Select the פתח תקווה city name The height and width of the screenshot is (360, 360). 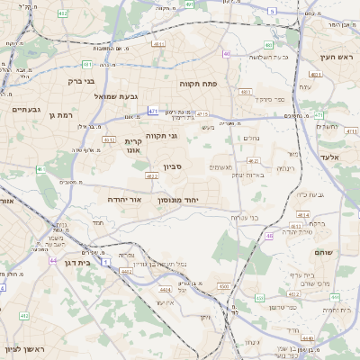217,84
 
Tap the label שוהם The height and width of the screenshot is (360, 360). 323,252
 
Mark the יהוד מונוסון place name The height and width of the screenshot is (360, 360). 195,199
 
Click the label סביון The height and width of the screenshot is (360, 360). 173,166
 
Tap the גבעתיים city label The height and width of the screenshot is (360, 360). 24,110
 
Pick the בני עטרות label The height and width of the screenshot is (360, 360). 240,217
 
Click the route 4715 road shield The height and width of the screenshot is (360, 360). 202,114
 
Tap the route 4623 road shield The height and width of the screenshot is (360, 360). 151,176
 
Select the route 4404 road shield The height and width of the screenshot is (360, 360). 165,290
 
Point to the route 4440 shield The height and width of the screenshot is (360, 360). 309,338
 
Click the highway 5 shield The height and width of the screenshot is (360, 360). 272,11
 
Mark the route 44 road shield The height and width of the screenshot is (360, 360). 54,260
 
